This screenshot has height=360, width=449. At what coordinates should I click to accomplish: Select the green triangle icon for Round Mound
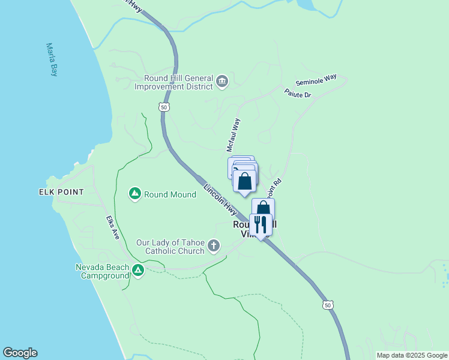(x=135, y=194)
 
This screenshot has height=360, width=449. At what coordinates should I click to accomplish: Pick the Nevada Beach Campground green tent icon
(x=138, y=271)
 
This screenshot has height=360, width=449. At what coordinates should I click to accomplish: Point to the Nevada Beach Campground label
(x=102, y=271)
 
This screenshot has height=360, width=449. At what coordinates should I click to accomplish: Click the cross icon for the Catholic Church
(x=214, y=245)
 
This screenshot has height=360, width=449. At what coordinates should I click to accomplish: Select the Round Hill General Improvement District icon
(x=222, y=82)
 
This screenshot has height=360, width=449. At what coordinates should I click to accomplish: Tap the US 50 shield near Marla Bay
(x=164, y=107)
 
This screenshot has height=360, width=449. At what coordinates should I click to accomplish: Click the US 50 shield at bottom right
(x=327, y=305)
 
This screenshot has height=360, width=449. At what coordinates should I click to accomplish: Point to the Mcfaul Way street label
(x=233, y=134)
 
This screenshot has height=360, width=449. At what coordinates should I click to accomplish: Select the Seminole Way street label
(x=316, y=80)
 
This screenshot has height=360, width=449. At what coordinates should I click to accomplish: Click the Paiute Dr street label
(x=298, y=94)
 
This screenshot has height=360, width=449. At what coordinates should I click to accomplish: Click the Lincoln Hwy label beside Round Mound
(x=220, y=200)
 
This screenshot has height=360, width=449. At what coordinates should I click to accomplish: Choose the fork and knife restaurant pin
(x=261, y=225)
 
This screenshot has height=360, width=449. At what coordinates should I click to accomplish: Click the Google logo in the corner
(x=20, y=353)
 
